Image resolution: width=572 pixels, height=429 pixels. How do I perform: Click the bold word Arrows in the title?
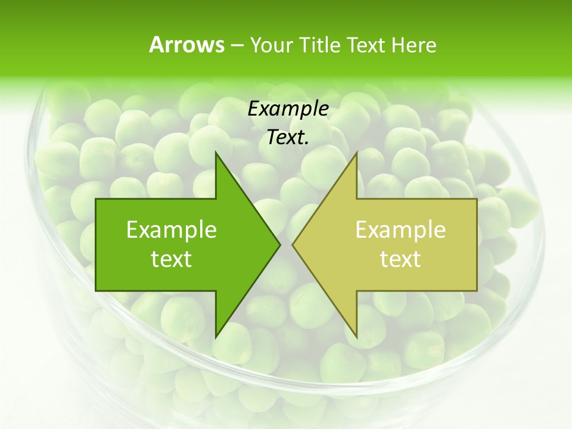click(186, 45)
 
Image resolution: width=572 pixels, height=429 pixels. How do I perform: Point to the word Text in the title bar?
click(367, 45)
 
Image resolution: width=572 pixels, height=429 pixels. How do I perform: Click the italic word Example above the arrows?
click(288, 109)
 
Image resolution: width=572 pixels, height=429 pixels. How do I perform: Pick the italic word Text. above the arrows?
click(288, 138)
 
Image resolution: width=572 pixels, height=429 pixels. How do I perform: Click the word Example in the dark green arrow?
click(172, 230)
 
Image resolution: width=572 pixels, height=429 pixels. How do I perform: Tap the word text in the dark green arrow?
click(172, 259)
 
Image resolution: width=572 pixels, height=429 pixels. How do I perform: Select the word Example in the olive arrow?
click(400, 230)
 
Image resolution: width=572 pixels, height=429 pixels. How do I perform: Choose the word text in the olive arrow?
click(400, 259)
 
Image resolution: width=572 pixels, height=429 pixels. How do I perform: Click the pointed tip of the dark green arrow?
click(279, 244)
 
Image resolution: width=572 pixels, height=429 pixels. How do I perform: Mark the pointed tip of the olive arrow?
click(293, 244)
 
